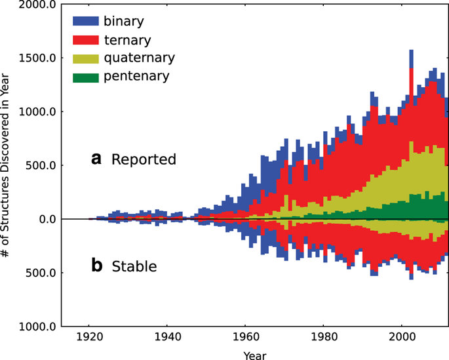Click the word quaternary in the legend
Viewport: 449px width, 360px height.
click(143, 58)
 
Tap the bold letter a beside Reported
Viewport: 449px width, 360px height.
click(96, 159)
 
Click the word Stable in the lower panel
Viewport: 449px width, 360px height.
click(134, 267)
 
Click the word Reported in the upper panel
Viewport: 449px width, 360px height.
click(144, 159)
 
